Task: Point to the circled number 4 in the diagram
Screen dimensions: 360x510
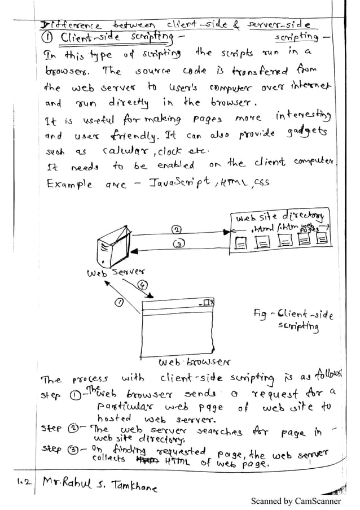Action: (x=144, y=285)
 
